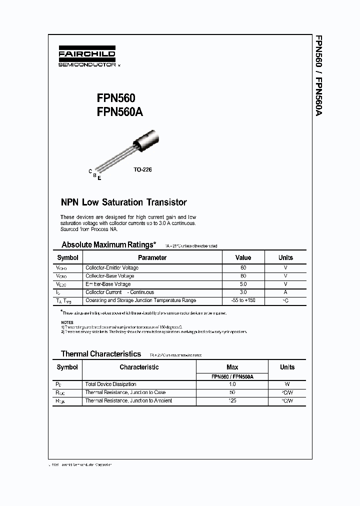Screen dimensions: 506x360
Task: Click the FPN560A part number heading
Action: [x=120, y=112]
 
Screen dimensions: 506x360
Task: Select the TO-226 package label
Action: [x=142, y=169]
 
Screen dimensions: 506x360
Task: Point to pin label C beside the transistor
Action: [x=90, y=171]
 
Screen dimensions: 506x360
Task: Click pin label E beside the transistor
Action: [x=99, y=178]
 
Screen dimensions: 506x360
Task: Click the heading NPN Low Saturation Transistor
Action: [x=123, y=202]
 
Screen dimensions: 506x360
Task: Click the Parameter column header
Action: [x=152, y=257]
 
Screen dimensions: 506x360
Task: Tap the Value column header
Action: [x=243, y=257]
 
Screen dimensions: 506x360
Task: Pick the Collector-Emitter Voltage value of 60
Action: [x=243, y=268]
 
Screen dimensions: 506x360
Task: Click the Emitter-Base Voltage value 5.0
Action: [x=243, y=284]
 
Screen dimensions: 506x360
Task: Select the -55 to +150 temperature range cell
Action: [x=243, y=300]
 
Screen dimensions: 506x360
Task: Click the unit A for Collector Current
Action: [x=285, y=292]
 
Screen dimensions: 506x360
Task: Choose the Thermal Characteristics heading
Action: [x=101, y=354]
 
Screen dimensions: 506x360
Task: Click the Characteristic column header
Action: [x=139, y=367]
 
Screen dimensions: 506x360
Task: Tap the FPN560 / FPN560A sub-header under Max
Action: [x=232, y=376]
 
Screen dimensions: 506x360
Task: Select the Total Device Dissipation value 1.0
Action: [x=232, y=384]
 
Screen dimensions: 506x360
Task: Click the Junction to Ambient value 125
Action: [x=232, y=401]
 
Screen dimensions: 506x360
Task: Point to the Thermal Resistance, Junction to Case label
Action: [x=125, y=392]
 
